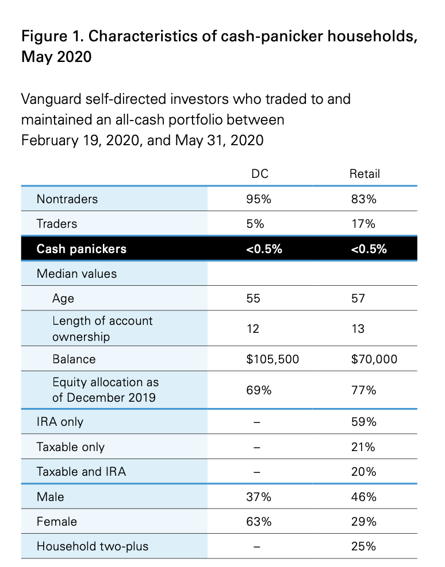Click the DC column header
[x=260, y=174]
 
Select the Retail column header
[x=365, y=174]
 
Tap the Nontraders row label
[x=67, y=199]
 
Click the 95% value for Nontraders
[x=259, y=199]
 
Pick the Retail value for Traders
[x=363, y=224]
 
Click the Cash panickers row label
[x=82, y=249]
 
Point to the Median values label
[x=77, y=274]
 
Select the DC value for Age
[x=254, y=298]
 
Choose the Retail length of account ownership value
[x=358, y=329]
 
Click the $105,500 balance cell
[x=273, y=359]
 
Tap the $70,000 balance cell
[x=374, y=359]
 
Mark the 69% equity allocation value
[x=259, y=390]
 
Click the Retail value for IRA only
[x=364, y=422]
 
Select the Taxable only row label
[x=71, y=447]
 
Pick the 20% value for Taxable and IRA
[x=364, y=472]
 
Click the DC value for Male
[x=259, y=497]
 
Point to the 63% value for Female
[x=259, y=522]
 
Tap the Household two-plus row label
[x=93, y=546]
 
